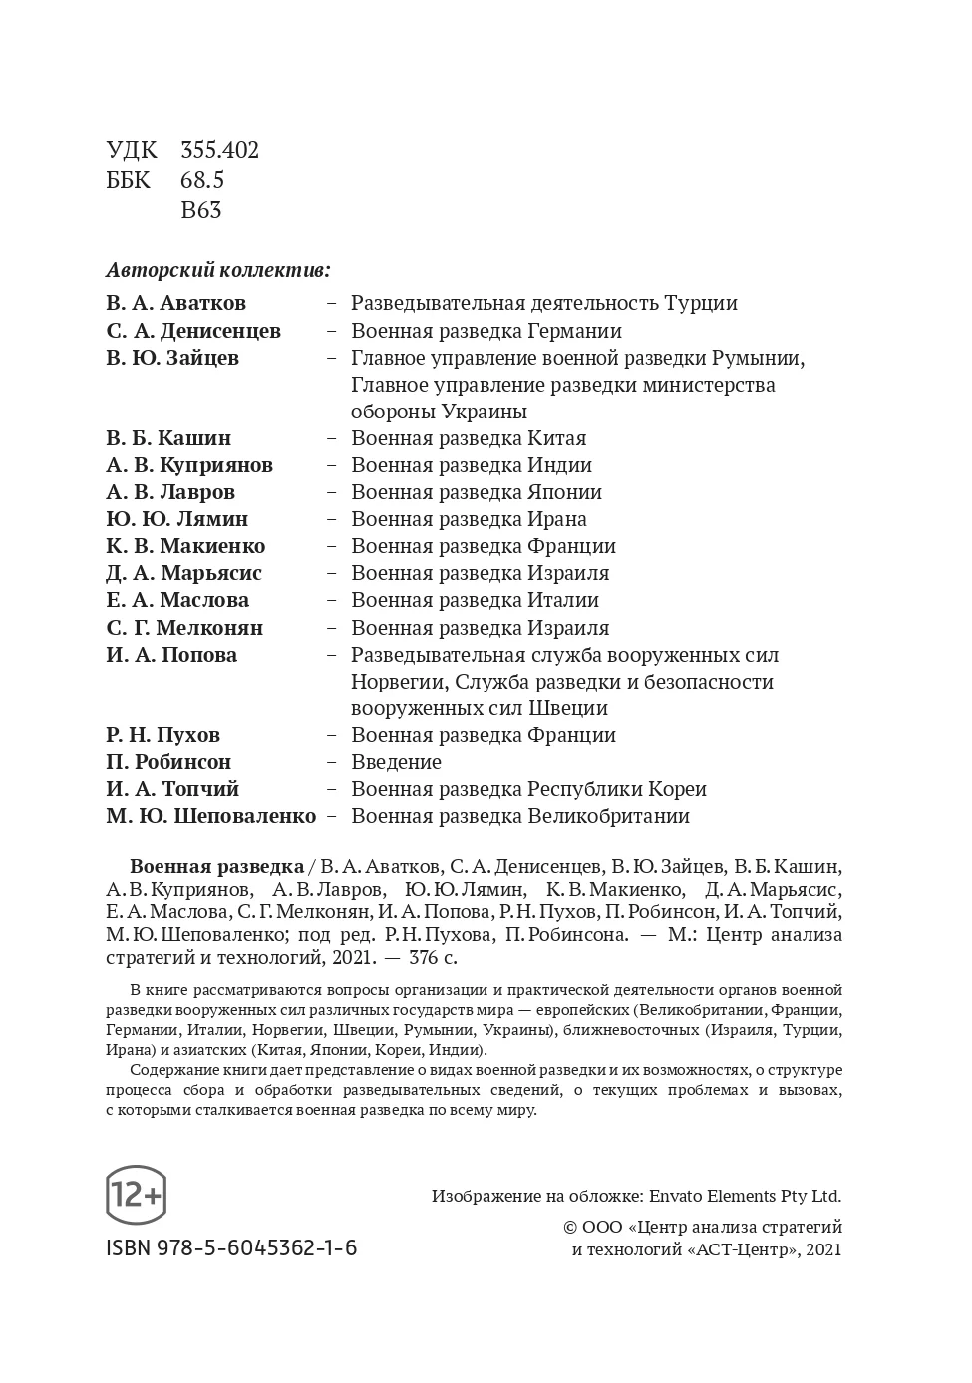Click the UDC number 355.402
point(219,150)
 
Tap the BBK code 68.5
point(202,180)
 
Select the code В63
point(201,210)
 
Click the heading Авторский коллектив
point(217,270)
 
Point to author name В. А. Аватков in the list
point(175,303)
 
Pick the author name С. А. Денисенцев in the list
point(193,331)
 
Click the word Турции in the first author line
point(703,303)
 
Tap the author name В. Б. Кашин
point(168,438)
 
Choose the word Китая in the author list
point(556,438)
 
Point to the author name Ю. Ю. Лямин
point(177,519)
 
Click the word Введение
point(396,762)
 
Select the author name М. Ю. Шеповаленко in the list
point(211,816)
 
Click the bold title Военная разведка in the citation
point(217,865)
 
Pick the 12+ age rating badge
point(136,1194)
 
